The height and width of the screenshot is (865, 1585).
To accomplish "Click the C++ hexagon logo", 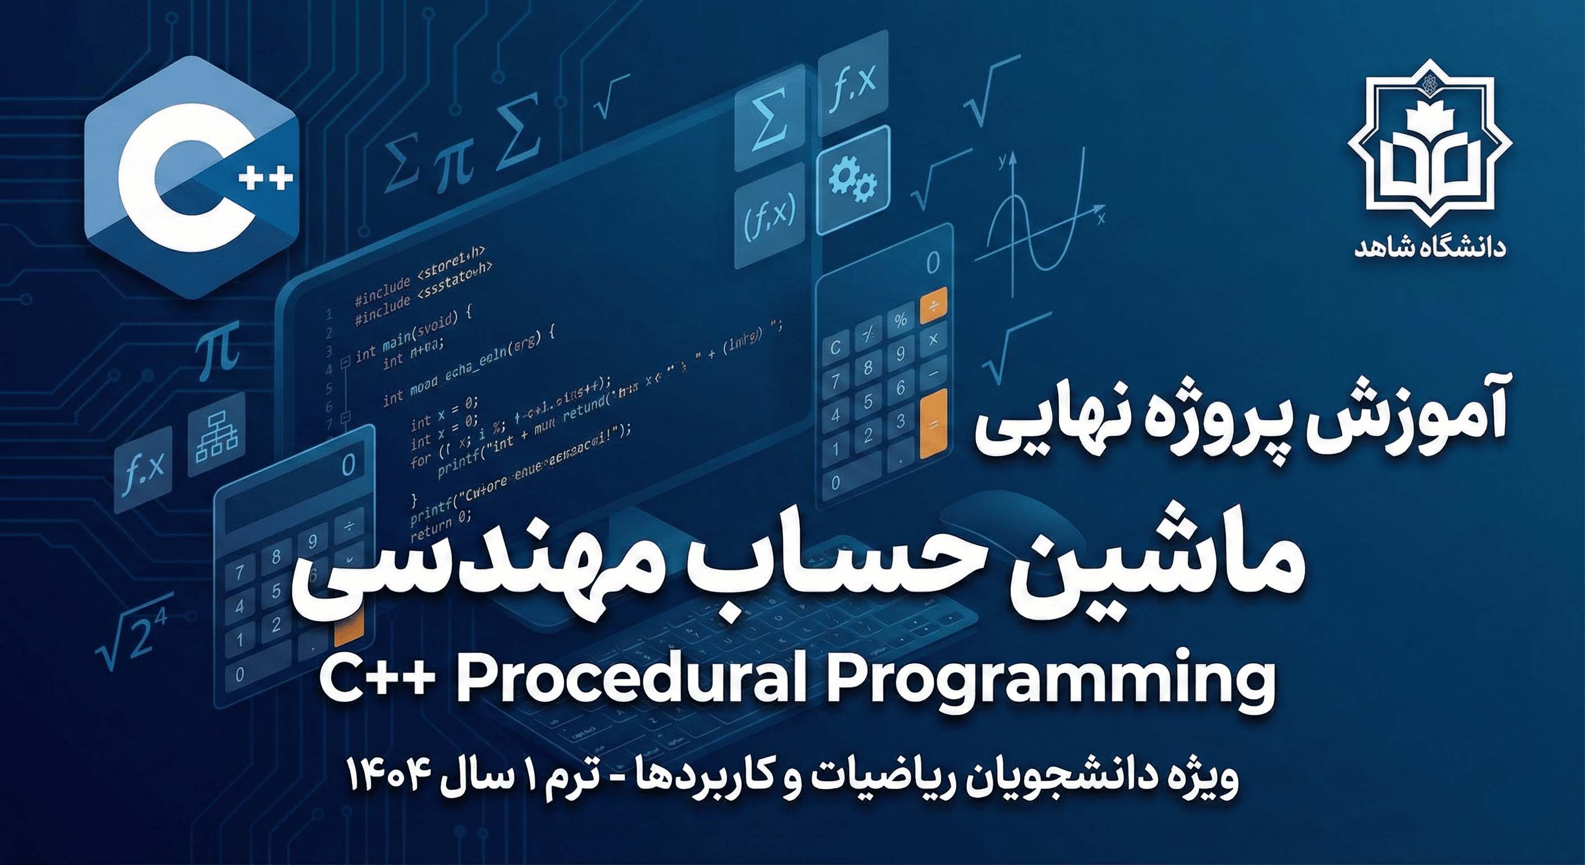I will (191, 177).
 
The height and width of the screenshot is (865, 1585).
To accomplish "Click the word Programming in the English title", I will (1049, 682).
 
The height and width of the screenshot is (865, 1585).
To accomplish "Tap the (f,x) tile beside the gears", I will (771, 216).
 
